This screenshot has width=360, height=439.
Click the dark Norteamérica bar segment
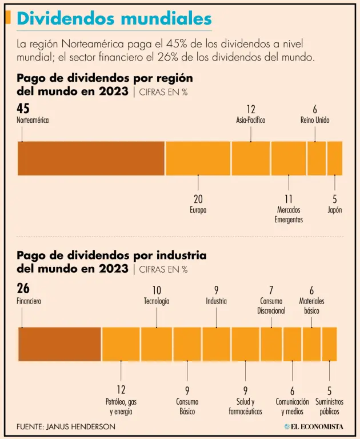tap(91, 158)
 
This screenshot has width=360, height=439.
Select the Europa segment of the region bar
tap(198, 158)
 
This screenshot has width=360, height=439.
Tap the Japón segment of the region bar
tap(335, 158)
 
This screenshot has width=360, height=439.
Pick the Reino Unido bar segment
tap(317, 158)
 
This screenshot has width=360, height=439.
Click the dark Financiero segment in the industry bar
tap(59, 344)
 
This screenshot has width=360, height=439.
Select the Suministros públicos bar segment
tap(330, 344)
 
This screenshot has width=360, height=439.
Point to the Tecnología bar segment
tap(157, 344)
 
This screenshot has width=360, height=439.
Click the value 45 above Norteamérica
tap(23, 109)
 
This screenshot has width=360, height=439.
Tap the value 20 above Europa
tap(198, 199)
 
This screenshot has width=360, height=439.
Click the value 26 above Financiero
tap(23, 289)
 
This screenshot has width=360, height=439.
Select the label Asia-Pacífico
tap(251, 120)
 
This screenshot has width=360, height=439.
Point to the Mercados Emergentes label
tap(289, 214)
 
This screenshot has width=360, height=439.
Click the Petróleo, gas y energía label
tap(121, 406)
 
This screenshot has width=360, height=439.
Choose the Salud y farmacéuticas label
tap(245, 406)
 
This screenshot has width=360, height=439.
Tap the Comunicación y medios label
tap(292, 406)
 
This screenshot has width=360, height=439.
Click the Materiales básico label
tap(312, 306)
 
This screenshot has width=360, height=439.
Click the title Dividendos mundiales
tap(114, 18)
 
